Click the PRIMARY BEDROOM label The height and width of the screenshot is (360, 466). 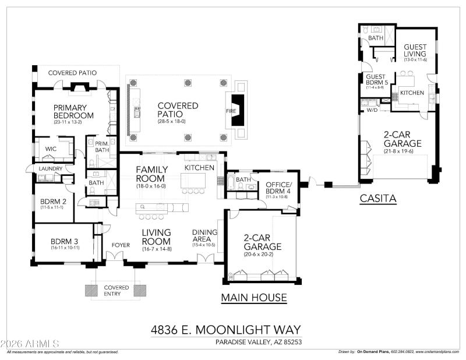70,111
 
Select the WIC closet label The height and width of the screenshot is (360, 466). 51,149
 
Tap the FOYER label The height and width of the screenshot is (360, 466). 121,245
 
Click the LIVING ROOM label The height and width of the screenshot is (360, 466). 156,237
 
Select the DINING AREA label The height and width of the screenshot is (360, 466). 204,237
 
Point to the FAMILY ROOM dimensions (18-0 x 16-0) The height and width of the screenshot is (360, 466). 151,186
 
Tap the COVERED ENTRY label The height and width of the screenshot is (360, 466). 116,291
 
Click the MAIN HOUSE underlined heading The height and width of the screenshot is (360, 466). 254,298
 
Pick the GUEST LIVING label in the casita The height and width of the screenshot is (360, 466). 415,51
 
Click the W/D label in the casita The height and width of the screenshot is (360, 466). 372,110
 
